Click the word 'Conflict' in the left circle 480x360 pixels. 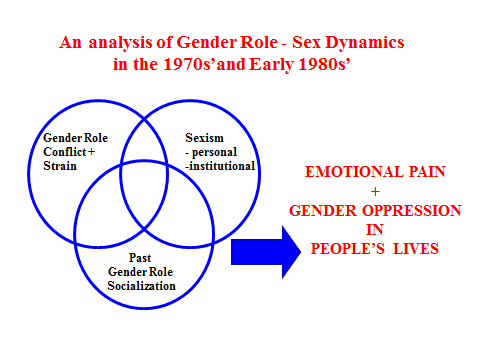(x=63, y=153)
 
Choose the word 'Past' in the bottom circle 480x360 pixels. (x=140, y=256)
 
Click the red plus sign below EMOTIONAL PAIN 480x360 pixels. (x=375, y=191)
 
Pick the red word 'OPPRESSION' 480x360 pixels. (x=408, y=210)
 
